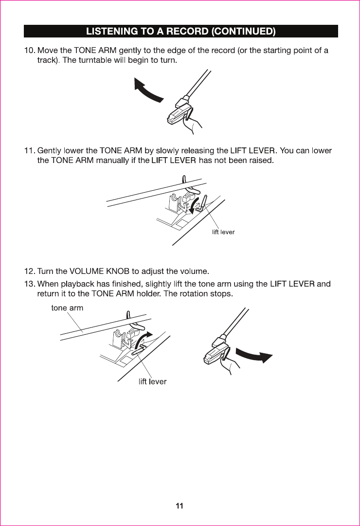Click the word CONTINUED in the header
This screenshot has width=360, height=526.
coord(244,31)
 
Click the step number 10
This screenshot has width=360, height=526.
coord(30,50)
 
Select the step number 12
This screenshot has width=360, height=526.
coord(30,271)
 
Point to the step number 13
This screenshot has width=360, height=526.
coord(30,284)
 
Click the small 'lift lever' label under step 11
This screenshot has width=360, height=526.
coord(223,232)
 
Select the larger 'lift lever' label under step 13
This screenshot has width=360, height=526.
coord(152,381)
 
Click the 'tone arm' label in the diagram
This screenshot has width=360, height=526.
coord(67,308)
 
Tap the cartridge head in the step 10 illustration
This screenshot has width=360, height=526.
coord(178,112)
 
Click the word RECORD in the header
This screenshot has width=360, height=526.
coord(187,31)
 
